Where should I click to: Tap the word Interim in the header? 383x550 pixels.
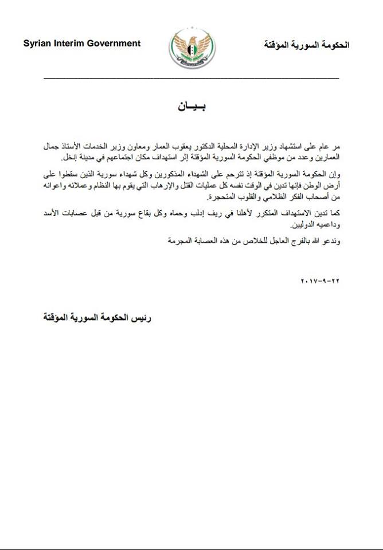[68, 44]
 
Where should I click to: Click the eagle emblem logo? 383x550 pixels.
[192, 49]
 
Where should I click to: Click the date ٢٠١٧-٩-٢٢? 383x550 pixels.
[320, 282]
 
